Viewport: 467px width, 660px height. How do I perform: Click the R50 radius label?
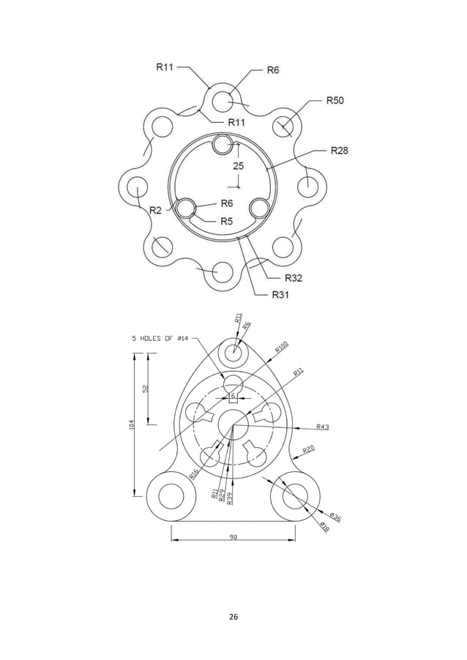pyautogui.click(x=335, y=100)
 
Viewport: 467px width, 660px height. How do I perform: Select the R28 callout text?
pyautogui.click(x=339, y=151)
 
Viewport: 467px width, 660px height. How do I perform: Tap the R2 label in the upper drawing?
pyautogui.click(x=156, y=210)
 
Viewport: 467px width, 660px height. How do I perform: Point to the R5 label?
pyautogui.click(x=226, y=221)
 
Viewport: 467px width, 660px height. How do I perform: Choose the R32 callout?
pyautogui.click(x=293, y=278)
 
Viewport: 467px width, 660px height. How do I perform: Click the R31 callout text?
pyautogui.click(x=281, y=295)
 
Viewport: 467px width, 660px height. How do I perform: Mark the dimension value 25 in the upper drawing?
pyautogui.click(x=239, y=166)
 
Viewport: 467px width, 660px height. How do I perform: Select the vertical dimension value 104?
pyautogui.click(x=132, y=425)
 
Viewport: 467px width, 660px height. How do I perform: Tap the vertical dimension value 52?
pyautogui.click(x=146, y=389)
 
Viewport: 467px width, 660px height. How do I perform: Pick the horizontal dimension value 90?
pyautogui.click(x=233, y=537)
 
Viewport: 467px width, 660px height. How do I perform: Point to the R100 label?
pyautogui.click(x=282, y=348)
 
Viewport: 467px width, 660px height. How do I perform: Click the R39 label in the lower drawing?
pyautogui.click(x=230, y=498)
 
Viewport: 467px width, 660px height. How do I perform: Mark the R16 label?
pyautogui.click(x=194, y=473)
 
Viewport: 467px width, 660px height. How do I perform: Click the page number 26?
pyautogui.click(x=233, y=616)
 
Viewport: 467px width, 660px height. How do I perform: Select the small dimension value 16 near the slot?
pyautogui.click(x=232, y=396)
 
